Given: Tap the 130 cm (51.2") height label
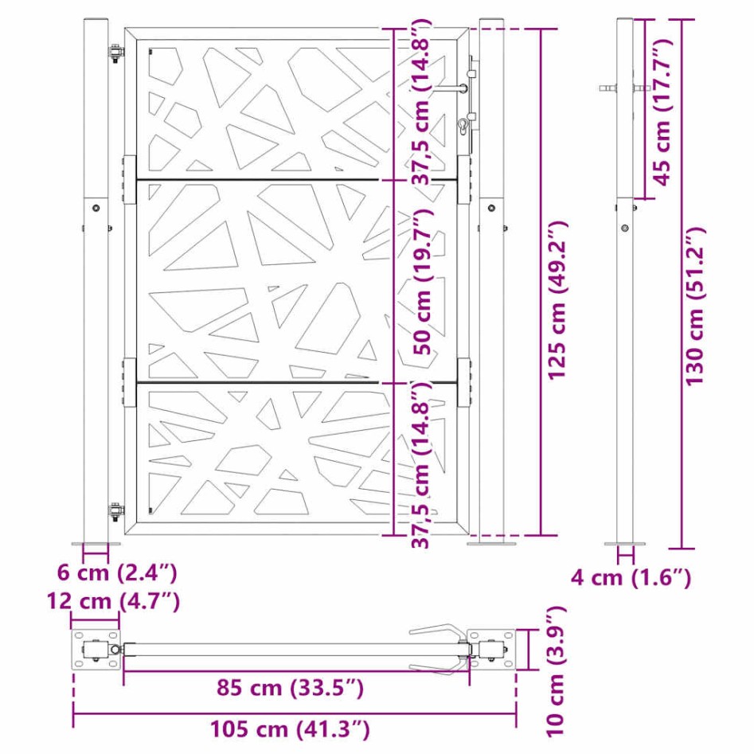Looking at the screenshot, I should pos(697,305).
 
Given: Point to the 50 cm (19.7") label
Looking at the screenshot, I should pos(422,282).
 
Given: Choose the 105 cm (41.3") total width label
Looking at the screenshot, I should pos(290,728).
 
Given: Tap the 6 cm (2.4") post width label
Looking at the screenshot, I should pos(117,572).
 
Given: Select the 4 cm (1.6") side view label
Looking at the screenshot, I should pos(631,577).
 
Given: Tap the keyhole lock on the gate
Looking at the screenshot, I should pos(463,126).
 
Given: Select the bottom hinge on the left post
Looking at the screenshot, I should pos(116,510).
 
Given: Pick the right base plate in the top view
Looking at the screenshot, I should pos(492,649).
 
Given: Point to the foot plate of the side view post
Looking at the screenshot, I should pos(625,545).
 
